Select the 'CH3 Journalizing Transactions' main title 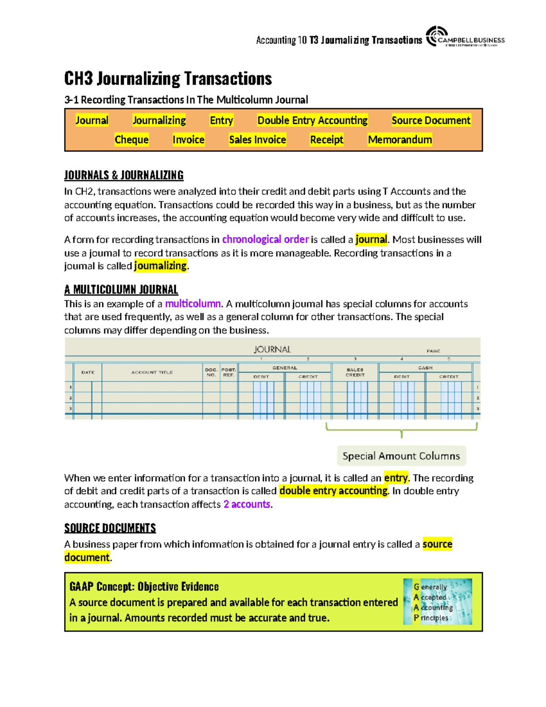point(168,79)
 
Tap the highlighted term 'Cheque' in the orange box point(131,140)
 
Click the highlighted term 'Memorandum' point(399,140)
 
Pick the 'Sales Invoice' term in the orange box point(258,140)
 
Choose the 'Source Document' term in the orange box point(430,121)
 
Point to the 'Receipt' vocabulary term point(326,140)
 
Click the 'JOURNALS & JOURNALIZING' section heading point(124,175)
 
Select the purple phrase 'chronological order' point(265,239)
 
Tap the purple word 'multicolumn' point(192,304)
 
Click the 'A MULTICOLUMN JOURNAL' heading point(121,290)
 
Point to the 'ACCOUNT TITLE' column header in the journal point(152,372)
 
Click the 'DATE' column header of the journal point(88,372)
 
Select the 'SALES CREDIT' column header point(355,372)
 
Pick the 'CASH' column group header point(425,368)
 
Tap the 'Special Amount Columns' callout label point(401,456)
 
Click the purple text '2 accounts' point(247,504)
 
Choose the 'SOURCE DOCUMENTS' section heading point(110,528)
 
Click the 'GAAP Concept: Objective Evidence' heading point(144,586)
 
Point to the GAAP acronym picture point(437,601)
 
